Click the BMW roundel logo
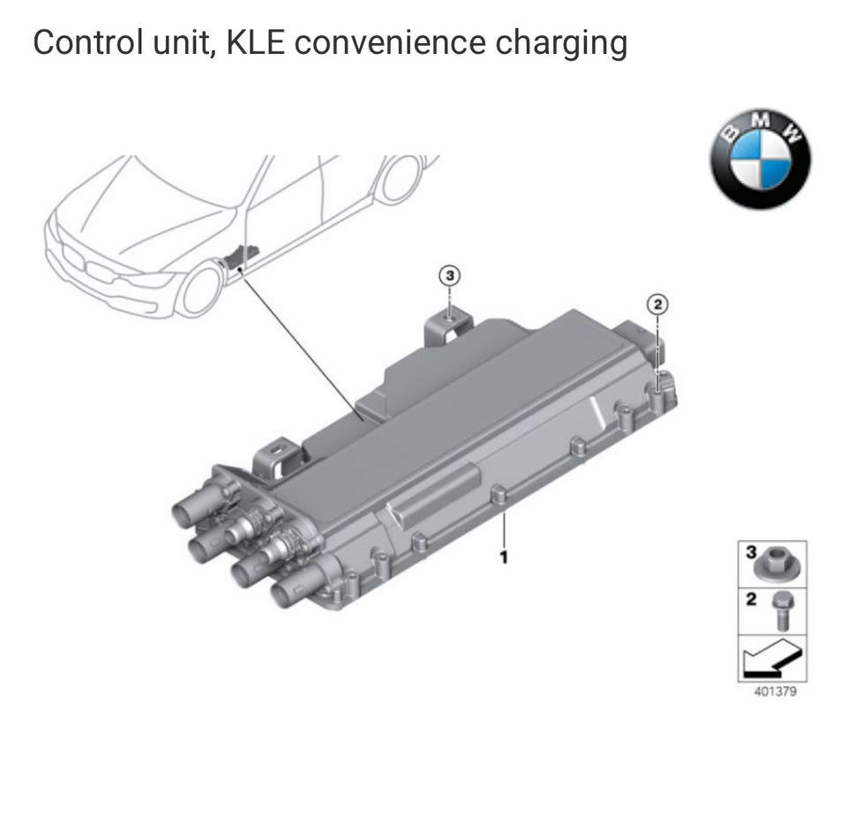click(761, 159)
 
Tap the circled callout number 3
click(449, 275)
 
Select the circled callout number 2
click(657, 305)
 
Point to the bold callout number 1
click(504, 557)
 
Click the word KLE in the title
click(256, 42)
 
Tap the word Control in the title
click(89, 42)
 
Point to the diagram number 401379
click(776, 692)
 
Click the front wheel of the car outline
click(201, 290)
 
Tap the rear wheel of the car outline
click(400, 178)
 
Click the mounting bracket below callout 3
click(448, 326)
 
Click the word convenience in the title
click(390, 42)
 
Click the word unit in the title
click(183, 43)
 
